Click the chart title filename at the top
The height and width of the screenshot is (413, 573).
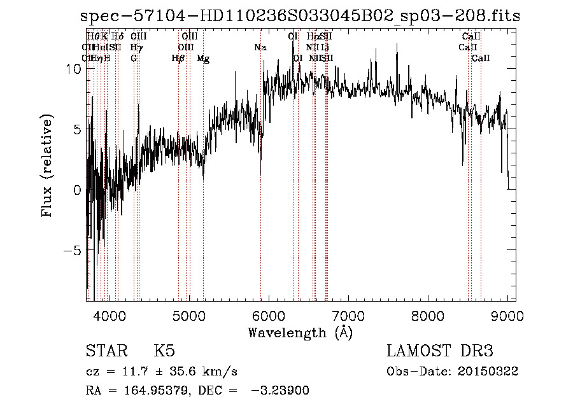click(301, 16)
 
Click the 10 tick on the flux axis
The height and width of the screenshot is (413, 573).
click(74, 69)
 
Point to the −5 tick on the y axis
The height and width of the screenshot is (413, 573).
click(72, 250)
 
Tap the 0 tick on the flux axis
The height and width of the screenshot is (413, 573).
click(78, 190)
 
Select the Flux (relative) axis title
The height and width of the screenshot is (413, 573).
click(47, 167)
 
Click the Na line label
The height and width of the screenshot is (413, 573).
click(260, 47)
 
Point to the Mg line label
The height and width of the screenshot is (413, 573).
click(203, 59)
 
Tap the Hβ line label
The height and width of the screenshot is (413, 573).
click(178, 59)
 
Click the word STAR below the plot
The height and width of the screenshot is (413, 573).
click(106, 351)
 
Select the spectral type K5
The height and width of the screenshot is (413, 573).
click(164, 351)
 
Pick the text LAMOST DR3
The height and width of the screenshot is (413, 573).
click(440, 351)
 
